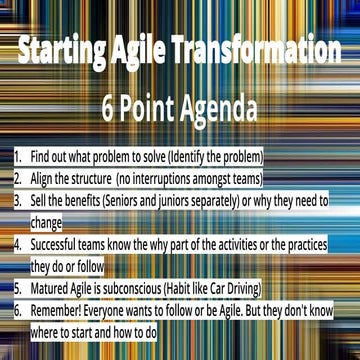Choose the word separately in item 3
[x=246, y=200]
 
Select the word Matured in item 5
[x=51, y=288]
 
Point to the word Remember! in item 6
[x=59, y=310]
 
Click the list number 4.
[x=17, y=244]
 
